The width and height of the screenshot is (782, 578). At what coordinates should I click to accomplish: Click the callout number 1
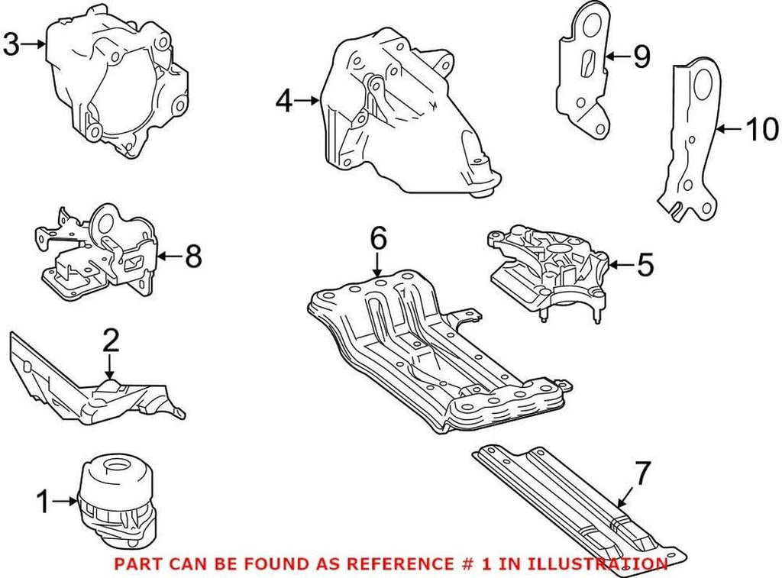point(43,502)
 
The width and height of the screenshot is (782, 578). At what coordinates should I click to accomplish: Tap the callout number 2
point(111,341)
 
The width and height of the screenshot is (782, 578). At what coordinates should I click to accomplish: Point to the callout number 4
point(284,100)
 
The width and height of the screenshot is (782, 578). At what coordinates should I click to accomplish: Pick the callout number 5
point(645,265)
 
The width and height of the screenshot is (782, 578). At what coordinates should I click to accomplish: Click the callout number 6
point(379,238)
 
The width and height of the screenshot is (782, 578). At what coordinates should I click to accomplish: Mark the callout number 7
point(642,474)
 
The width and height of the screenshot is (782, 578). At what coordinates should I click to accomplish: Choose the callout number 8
point(192,257)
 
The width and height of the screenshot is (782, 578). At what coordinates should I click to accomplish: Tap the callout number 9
point(641,56)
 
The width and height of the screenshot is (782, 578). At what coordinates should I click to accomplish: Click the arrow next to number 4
point(307,100)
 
